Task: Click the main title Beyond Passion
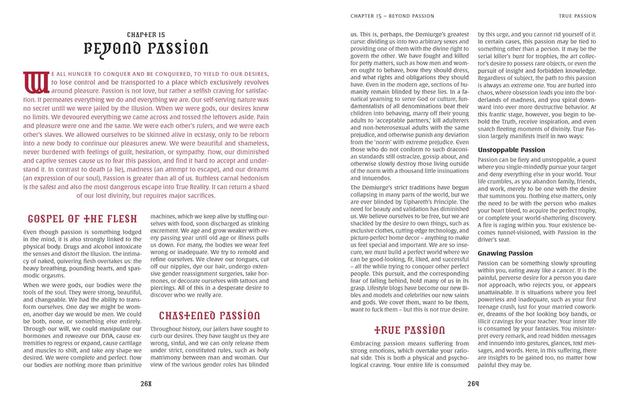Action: pyautogui.click(x=146, y=48)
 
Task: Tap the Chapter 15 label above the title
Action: pyautogui.click(x=146, y=35)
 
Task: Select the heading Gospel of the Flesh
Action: pyautogui.click(x=82, y=219)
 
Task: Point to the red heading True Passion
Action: pyautogui.click(x=409, y=330)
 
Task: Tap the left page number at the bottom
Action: pyautogui.click(x=146, y=384)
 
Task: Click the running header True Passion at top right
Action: pyautogui.click(x=577, y=16)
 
